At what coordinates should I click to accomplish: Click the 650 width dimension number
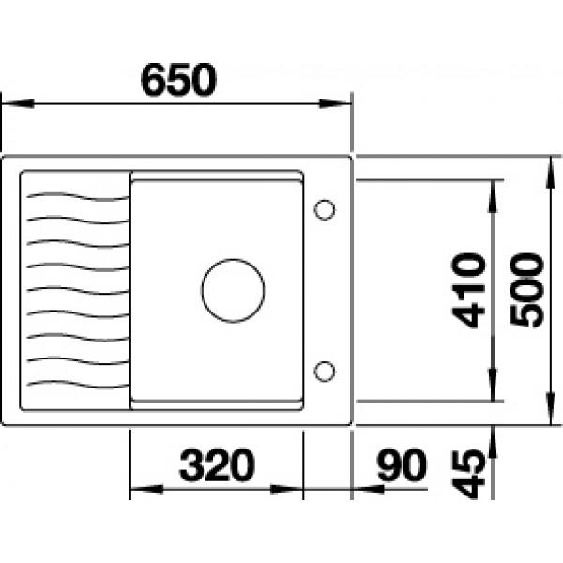coord(179,80)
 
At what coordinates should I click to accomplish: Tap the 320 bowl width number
coord(218,465)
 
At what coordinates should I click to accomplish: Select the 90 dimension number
coord(403,465)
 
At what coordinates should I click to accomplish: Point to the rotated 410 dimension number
coord(468,290)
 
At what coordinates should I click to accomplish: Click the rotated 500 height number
coord(526,290)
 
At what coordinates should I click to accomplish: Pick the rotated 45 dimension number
coord(468,474)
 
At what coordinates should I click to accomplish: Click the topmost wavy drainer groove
coord(78,196)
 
